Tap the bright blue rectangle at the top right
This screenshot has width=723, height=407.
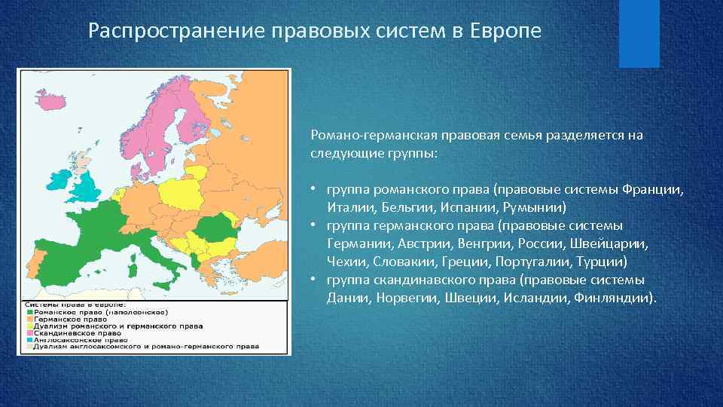[x=639, y=34]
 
